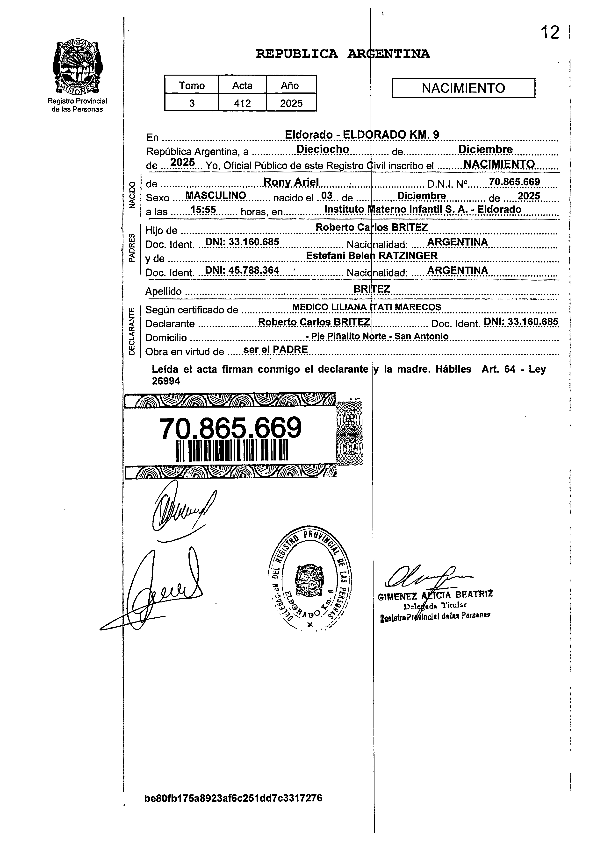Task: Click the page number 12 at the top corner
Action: point(550,33)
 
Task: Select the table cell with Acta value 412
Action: point(242,103)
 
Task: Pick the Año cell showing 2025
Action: point(291,103)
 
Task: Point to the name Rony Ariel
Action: point(291,182)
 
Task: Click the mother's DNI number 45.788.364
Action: point(253,270)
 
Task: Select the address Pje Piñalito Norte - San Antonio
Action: point(378,336)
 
